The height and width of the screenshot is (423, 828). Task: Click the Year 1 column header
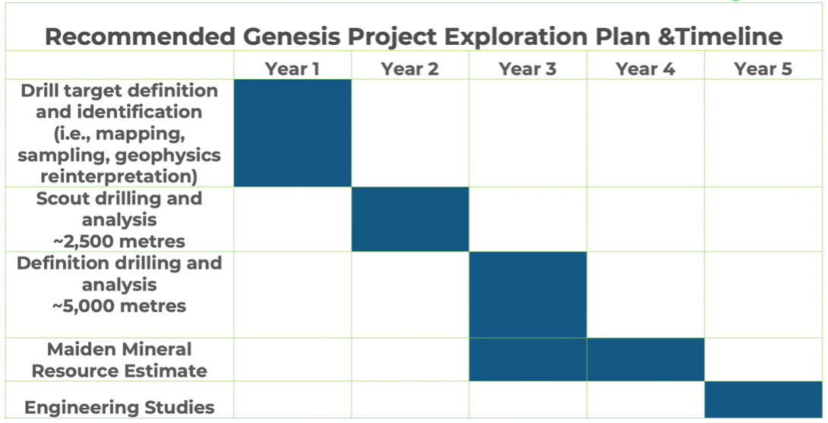coord(292,68)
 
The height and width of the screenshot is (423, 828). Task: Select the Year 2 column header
coord(409,68)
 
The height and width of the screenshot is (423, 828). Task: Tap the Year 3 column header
coord(527,68)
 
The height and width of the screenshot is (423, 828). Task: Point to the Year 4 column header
coord(645,68)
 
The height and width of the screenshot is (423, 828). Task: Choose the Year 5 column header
coord(763,68)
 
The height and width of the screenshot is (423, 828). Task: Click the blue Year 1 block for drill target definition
coord(292,132)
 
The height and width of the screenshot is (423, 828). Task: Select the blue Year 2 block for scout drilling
coord(410,219)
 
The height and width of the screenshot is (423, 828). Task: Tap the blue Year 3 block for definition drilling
coord(527,294)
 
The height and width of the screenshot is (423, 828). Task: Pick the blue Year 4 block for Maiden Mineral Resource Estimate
coord(645,360)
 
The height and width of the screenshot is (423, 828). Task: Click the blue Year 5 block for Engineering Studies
coord(763,399)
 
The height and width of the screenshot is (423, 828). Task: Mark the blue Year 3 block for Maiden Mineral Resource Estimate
coord(528,360)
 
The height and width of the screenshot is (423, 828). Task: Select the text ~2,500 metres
coord(119,241)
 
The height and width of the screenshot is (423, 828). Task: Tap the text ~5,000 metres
coord(119,306)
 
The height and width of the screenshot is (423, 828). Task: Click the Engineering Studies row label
coord(119,407)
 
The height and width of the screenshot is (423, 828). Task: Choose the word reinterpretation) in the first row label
coord(119,176)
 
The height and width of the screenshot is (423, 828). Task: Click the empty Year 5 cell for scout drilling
coord(763,219)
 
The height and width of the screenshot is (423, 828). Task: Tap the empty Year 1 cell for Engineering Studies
coord(292,399)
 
